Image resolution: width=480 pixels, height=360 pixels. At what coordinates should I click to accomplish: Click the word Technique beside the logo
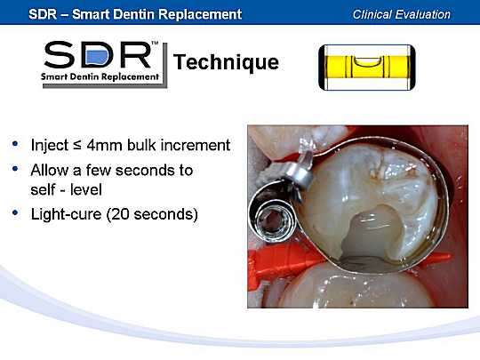tap(226, 63)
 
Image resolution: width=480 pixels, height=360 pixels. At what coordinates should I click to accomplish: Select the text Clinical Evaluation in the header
tap(401, 14)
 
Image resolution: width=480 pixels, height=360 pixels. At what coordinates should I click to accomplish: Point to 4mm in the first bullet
tap(104, 145)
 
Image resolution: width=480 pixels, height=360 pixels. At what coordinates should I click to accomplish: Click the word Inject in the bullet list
tap(50, 146)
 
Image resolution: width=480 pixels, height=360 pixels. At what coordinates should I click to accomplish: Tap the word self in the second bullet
tap(43, 189)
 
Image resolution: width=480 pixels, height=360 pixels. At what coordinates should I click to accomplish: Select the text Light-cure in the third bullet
tap(66, 214)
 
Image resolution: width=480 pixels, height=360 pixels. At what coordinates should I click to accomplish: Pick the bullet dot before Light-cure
tap(15, 212)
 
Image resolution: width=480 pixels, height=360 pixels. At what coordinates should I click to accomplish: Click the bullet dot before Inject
tap(15, 144)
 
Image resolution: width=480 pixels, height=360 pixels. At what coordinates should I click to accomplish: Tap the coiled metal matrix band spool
tap(272, 218)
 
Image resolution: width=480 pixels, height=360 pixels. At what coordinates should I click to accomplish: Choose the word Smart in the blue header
tap(91, 14)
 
